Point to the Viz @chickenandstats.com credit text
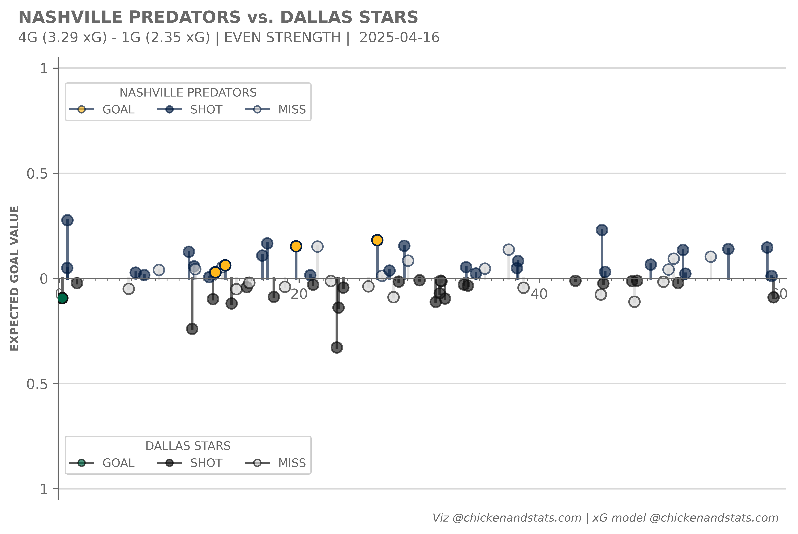pyautogui.click(x=507, y=518)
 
